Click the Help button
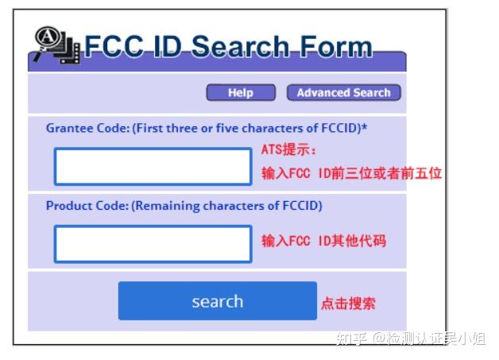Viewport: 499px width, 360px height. [x=240, y=93]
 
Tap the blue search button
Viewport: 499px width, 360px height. [x=217, y=301]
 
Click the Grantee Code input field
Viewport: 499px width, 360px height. [x=153, y=167]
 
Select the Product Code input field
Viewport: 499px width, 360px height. [x=153, y=244]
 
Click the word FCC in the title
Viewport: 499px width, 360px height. [x=117, y=47]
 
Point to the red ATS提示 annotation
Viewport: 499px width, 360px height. [x=288, y=150]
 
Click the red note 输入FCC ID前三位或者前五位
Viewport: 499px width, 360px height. [x=351, y=173]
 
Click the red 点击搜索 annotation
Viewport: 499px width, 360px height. [x=348, y=303]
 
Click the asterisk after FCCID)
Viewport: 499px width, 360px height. [x=365, y=126]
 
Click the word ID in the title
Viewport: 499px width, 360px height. [x=168, y=47]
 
